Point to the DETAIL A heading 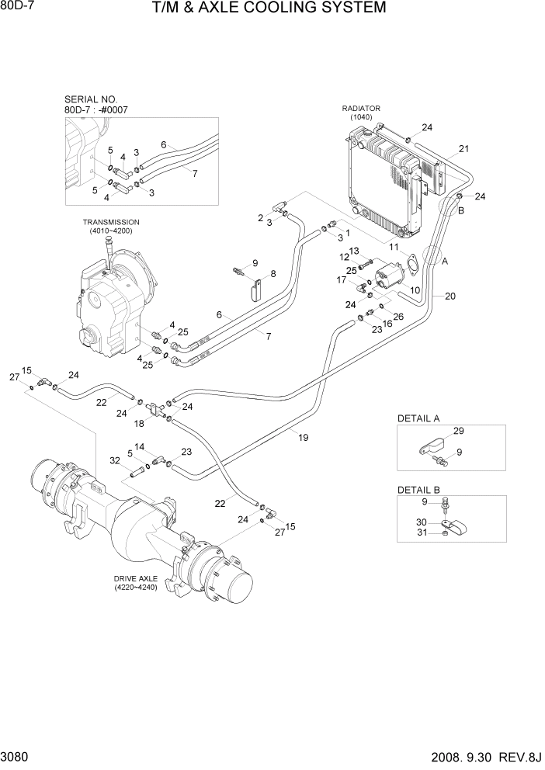point(418,418)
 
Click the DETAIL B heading point(418,490)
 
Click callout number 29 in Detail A point(458,431)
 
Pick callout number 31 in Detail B point(422,532)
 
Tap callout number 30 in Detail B point(422,522)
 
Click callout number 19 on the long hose point(304,438)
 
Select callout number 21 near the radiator point(464,148)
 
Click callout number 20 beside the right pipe point(450,296)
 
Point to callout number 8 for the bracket point(272,274)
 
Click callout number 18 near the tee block point(139,423)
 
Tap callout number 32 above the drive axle point(115,460)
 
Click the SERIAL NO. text point(92,99)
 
